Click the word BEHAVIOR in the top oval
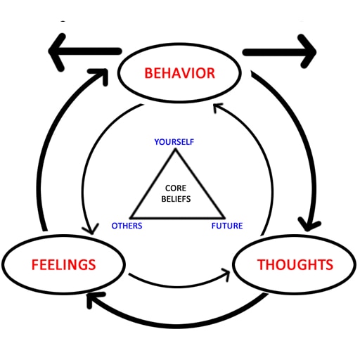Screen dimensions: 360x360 [x=179, y=73]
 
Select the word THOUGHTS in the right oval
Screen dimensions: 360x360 [x=295, y=265]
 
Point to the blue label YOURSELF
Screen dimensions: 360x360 [x=174, y=142]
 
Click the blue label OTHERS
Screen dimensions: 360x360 [x=127, y=226]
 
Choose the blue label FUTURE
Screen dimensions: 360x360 [x=227, y=226]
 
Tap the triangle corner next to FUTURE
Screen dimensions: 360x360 [x=225, y=217]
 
